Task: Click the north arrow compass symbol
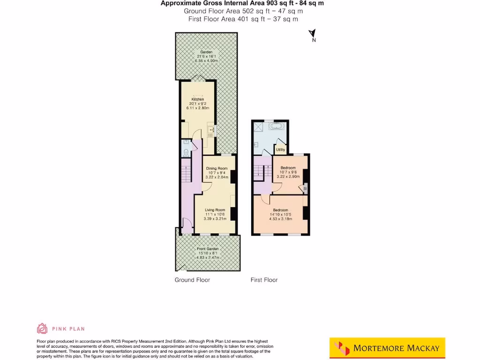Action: pos(312,34)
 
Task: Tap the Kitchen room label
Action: pos(197,99)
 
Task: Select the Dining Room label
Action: pos(217,168)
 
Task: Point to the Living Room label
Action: pos(214,210)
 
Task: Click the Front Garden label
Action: pos(208,249)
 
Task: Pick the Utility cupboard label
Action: pos(280,150)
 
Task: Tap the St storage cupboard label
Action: pos(305,188)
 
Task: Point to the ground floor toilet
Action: pos(186,151)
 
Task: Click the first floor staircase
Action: pos(259,172)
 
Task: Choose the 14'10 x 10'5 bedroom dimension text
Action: pos(280,214)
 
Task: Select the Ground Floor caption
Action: pos(192,280)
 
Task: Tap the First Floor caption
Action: pos(264,280)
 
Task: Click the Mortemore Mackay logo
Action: pos(387,348)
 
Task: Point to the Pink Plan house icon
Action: pos(42,328)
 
